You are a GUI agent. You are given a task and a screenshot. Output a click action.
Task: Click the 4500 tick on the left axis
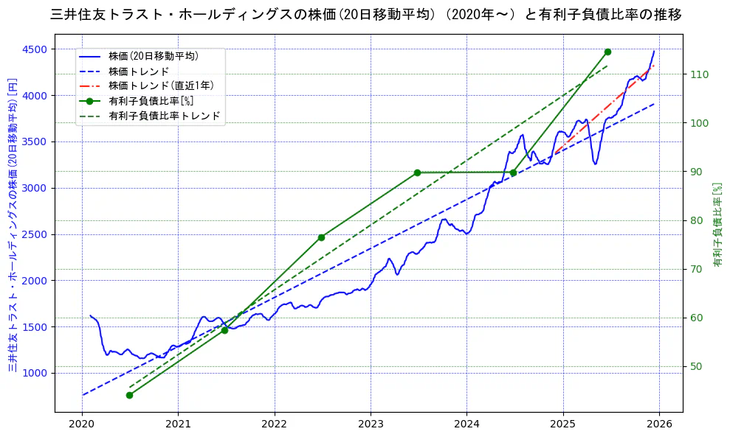[x=35, y=49]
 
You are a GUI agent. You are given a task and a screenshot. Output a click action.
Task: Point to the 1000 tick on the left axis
[x=35, y=373]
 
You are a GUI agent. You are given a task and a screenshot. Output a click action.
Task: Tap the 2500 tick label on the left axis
[x=35, y=234]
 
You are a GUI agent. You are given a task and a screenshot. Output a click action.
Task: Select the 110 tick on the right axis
[x=699, y=74]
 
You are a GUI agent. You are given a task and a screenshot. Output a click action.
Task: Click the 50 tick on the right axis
[x=696, y=366]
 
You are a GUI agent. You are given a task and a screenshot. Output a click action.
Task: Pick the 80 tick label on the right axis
[x=696, y=220]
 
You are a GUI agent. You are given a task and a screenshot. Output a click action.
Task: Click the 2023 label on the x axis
[x=371, y=424]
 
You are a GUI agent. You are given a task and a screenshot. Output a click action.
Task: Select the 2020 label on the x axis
[x=82, y=424]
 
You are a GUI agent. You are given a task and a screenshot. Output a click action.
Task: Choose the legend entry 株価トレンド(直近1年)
[x=161, y=85]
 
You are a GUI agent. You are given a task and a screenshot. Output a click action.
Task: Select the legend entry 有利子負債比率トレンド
[x=164, y=116]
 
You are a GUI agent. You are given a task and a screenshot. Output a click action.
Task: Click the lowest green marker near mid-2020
[x=129, y=395]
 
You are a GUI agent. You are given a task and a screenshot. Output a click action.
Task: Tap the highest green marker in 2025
[x=607, y=52]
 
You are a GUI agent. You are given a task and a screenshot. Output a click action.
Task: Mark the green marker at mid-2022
[x=321, y=237]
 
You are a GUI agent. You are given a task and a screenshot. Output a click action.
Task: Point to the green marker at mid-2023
[x=417, y=172]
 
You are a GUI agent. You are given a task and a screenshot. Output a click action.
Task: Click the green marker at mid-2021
[x=224, y=330]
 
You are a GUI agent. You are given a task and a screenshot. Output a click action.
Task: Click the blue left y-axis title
[x=12, y=225]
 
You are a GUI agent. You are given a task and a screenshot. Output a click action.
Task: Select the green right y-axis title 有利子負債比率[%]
[x=717, y=225]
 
